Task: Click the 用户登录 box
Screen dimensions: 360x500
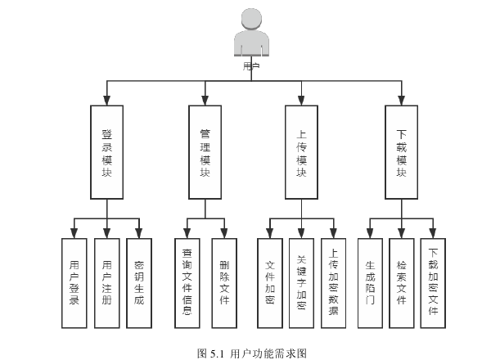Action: pyautogui.click(x=74, y=282)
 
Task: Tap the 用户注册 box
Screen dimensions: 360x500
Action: pyautogui.click(x=106, y=282)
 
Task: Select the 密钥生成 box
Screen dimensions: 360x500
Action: pyautogui.click(x=138, y=282)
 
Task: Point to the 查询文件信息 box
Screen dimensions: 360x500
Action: pyautogui.click(x=187, y=282)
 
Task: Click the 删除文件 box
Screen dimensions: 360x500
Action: pyautogui.click(x=223, y=282)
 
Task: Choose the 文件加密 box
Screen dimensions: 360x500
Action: pyautogui.click(x=270, y=282)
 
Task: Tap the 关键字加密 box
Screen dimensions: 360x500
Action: pyautogui.click(x=302, y=282)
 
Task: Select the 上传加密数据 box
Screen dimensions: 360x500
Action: pyautogui.click(x=334, y=282)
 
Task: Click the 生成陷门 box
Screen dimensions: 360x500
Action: pyautogui.click(x=370, y=282)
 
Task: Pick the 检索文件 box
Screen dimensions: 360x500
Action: pyautogui.click(x=402, y=282)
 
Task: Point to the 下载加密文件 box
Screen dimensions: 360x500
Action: pyautogui.click(x=434, y=282)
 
